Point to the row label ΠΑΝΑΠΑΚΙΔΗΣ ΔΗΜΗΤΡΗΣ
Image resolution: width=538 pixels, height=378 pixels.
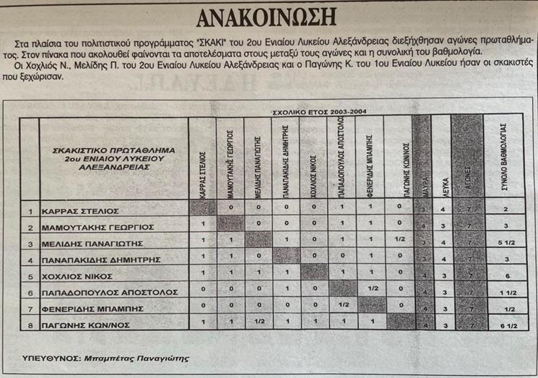pos(101,259)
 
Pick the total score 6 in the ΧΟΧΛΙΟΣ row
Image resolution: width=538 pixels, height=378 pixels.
pos(508,275)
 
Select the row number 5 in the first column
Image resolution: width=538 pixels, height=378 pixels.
pos(30,275)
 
